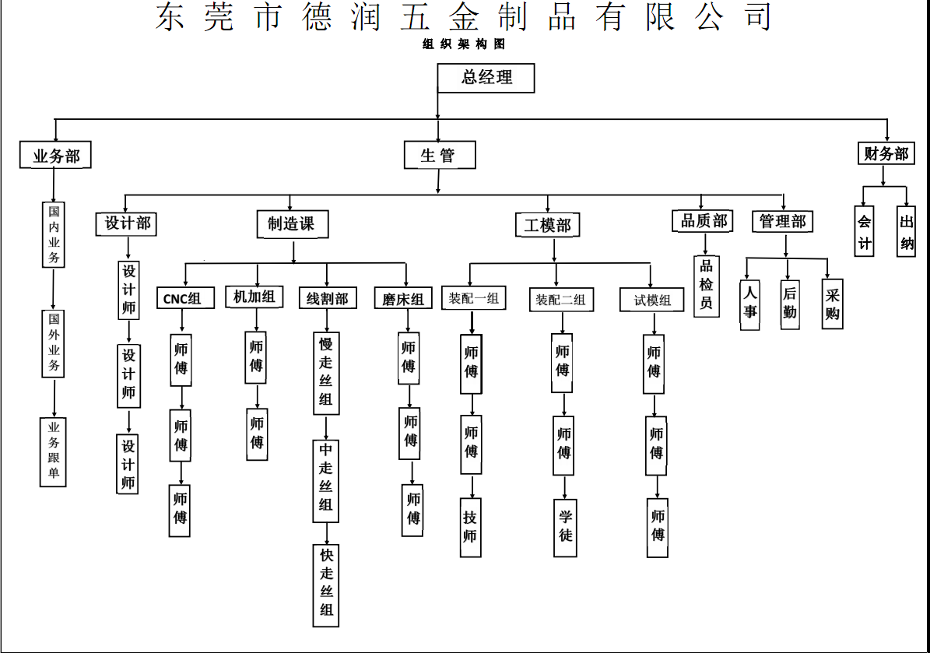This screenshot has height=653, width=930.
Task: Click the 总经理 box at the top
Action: (486, 77)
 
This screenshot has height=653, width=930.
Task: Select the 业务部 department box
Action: (55, 156)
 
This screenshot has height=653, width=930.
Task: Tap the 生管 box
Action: (439, 155)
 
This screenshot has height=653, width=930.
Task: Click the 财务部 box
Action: (886, 153)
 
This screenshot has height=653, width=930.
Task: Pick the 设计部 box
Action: (127, 224)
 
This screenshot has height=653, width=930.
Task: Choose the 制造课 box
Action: (292, 224)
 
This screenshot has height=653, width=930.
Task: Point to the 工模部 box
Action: (547, 225)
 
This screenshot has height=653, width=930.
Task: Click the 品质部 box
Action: (704, 221)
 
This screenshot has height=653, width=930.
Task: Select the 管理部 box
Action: (783, 221)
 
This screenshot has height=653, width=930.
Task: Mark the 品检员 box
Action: (706, 285)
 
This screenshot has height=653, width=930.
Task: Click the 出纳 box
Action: (906, 231)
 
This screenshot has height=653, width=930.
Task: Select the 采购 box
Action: (832, 304)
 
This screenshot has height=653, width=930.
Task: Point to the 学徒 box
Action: (565, 527)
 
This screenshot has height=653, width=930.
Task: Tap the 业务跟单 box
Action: (53, 451)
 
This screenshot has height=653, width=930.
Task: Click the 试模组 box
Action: (652, 300)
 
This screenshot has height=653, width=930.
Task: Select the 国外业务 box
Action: (54, 342)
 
